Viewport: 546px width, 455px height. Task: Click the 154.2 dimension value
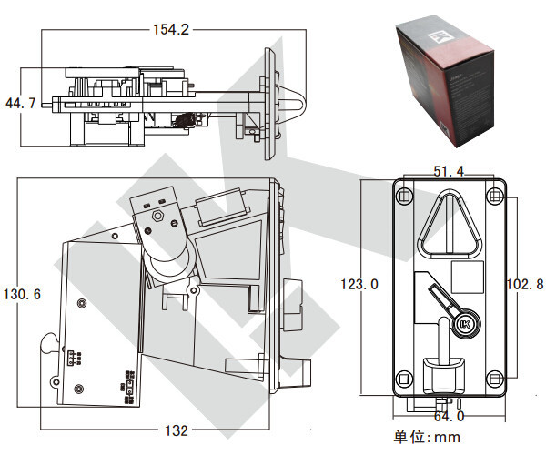[170, 29]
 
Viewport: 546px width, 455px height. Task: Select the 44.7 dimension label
[20, 104]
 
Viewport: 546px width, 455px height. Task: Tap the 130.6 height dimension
[23, 295]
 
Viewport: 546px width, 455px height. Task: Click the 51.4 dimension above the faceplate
[449, 171]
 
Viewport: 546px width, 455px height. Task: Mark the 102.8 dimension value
[524, 285]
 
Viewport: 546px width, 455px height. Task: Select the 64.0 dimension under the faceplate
[448, 417]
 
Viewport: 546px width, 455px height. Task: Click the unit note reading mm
[427, 438]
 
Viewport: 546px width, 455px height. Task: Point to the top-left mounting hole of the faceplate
[403, 195]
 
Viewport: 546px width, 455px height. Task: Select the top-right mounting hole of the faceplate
[494, 195]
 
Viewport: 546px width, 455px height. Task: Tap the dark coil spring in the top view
[186, 119]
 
